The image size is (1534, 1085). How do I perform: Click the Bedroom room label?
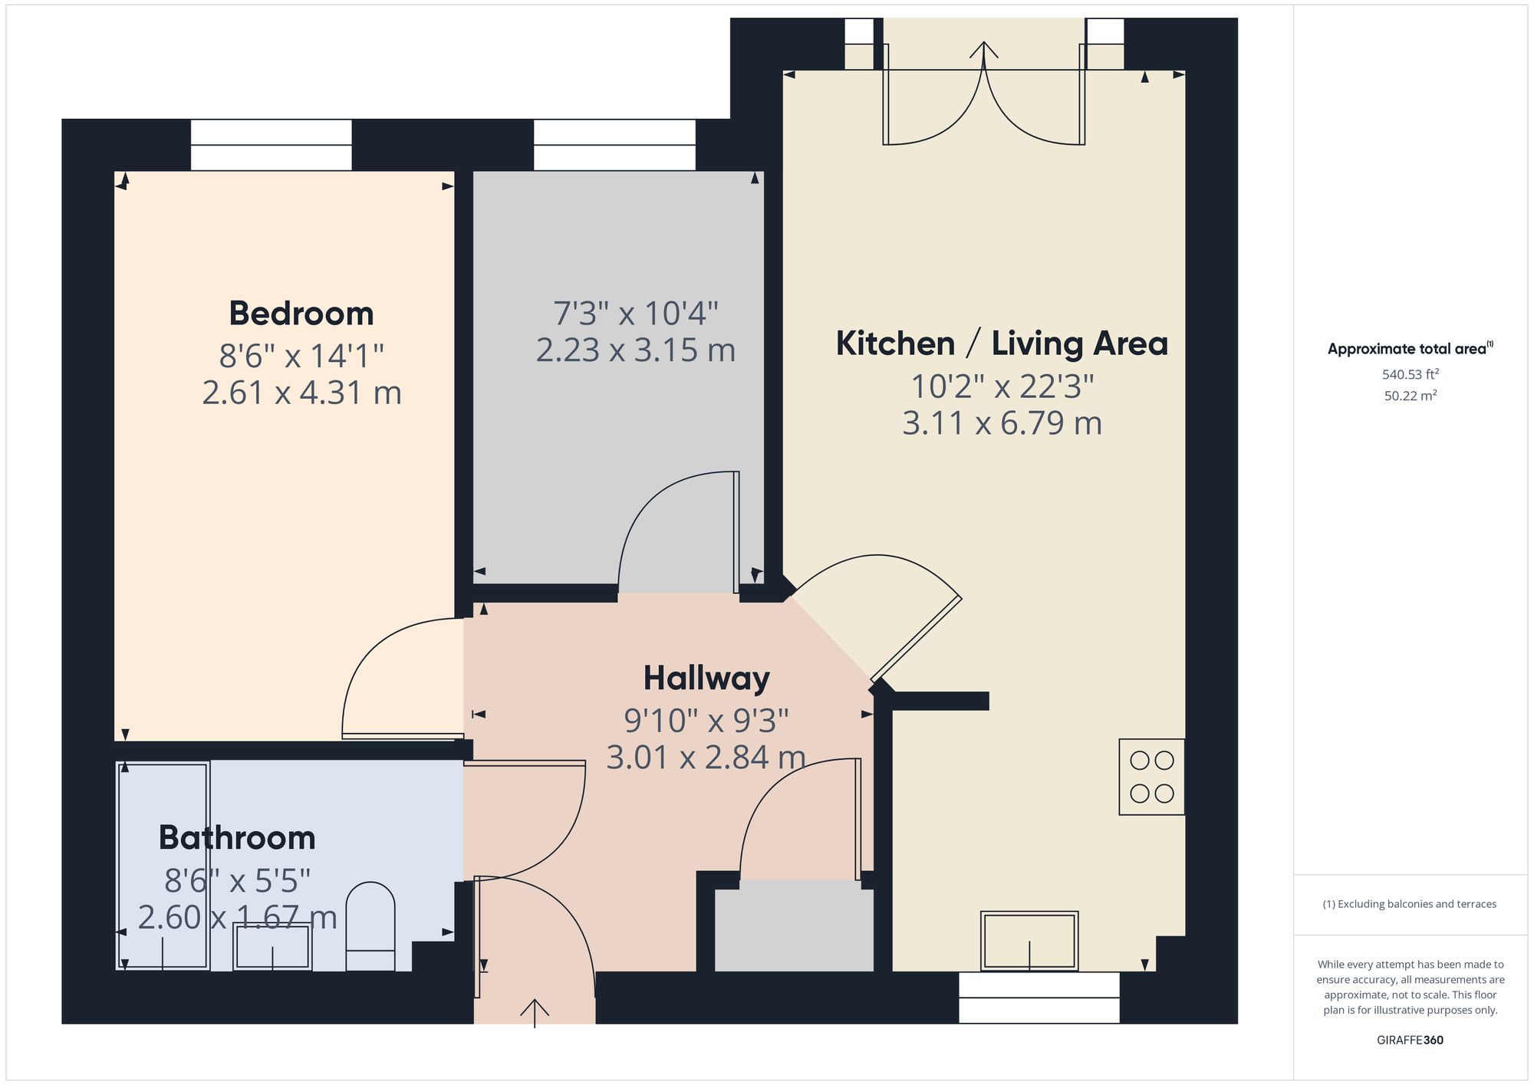tap(301, 314)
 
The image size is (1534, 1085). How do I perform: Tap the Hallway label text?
tap(706, 679)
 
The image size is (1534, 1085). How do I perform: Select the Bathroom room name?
tap(237, 838)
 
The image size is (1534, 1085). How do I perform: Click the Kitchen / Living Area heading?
tap(1002, 344)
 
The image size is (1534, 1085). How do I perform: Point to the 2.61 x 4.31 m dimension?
tap(301, 393)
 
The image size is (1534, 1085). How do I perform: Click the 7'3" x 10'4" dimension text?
tap(636, 314)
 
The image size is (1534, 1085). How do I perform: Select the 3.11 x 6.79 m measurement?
tap(1002, 423)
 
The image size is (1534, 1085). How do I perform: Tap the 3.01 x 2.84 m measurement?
tap(706, 758)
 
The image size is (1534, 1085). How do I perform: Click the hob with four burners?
tap(1152, 777)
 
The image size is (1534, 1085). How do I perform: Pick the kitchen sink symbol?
tap(1029, 941)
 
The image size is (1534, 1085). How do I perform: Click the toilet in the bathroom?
tap(370, 926)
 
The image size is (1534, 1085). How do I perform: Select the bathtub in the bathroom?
tap(163, 866)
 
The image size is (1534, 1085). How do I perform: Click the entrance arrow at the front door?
tap(535, 1012)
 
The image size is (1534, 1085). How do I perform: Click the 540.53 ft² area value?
tap(1411, 375)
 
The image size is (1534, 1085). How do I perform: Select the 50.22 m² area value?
tap(1411, 396)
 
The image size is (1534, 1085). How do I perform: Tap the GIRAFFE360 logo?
tap(1411, 1041)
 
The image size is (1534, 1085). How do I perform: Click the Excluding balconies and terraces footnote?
tap(1410, 904)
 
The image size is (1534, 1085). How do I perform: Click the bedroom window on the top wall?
tap(272, 145)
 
